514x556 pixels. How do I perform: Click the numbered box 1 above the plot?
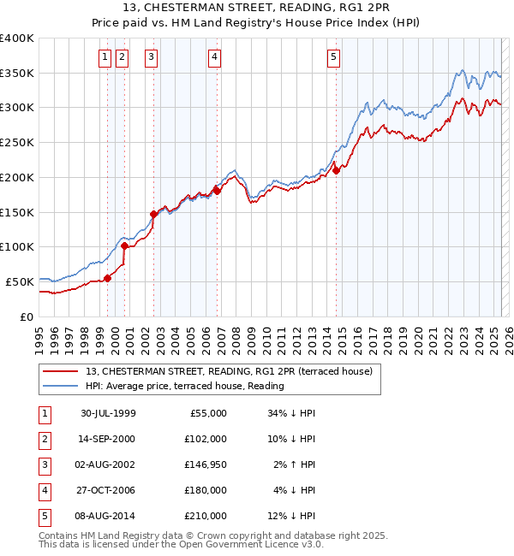(105, 57)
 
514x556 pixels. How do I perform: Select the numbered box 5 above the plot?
(332, 57)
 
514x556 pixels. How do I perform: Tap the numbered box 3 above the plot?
(151, 57)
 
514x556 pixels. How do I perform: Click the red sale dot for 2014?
(337, 170)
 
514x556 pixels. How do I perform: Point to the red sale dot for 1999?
(108, 278)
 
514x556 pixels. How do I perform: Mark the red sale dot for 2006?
(218, 191)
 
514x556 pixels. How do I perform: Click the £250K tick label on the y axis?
(17, 143)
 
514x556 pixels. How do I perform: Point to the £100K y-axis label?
(17, 246)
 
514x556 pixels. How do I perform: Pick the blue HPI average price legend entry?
(185, 386)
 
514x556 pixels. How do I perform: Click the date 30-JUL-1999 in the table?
(108, 413)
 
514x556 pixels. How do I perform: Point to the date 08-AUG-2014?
(108, 516)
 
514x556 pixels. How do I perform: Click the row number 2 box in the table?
(44, 439)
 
